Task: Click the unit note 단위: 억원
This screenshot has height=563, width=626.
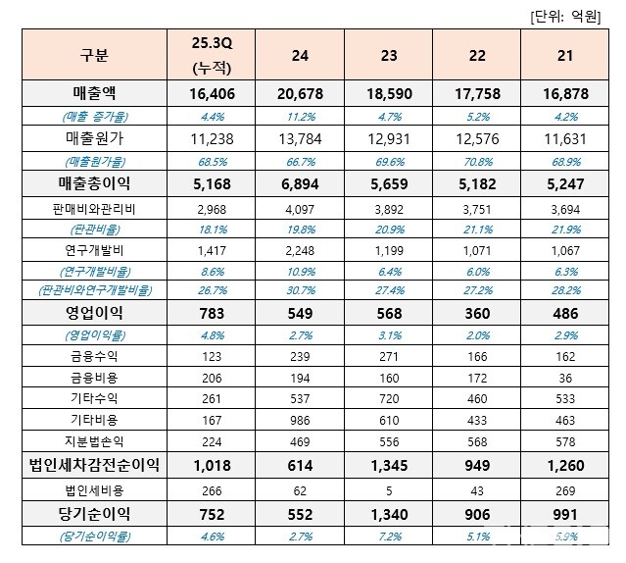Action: click(573, 14)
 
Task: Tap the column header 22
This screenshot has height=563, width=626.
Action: click(477, 56)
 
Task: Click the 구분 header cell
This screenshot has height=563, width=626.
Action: click(95, 55)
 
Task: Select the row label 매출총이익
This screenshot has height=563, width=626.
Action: click(95, 182)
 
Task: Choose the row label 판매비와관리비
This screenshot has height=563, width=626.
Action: click(95, 210)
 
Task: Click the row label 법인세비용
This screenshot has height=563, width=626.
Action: click(95, 490)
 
